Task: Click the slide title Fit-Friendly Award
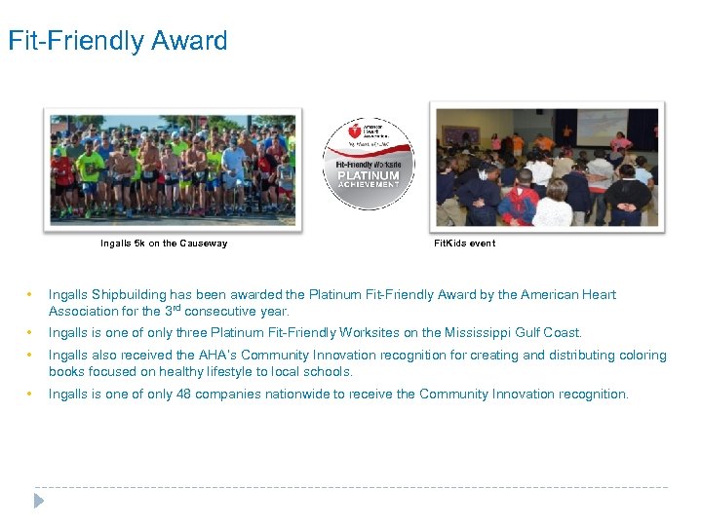[118, 41]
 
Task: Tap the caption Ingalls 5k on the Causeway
[164, 244]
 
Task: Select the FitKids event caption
[464, 244]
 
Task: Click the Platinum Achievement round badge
[369, 163]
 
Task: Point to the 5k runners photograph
[174, 168]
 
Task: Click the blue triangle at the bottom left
[38, 501]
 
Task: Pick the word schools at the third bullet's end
[330, 372]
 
